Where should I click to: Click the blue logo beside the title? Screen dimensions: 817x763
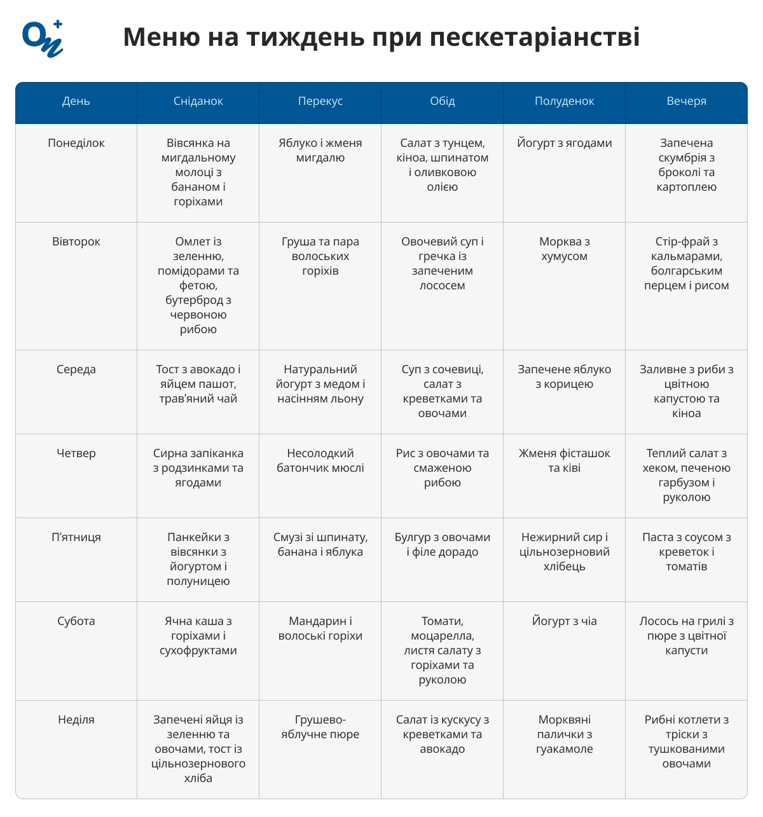coord(43,39)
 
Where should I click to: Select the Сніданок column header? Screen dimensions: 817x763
coord(198,101)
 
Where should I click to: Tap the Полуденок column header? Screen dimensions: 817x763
coord(564,101)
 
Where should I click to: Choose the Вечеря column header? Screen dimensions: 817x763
coord(686,101)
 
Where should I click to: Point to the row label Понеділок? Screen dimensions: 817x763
coord(76,143)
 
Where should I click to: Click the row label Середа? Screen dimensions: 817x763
coord(76,369)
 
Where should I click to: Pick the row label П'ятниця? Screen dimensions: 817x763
coord(76,537)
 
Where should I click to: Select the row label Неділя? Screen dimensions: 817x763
coord(76,720)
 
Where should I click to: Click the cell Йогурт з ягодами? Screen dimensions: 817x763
coord(564,143)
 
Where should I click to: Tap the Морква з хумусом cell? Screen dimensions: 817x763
coord(564,249)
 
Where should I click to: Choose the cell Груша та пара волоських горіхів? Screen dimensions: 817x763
coord(320,256)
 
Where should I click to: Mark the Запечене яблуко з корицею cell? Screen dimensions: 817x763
coord(564,376)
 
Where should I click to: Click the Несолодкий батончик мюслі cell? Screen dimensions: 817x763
coord(320,460)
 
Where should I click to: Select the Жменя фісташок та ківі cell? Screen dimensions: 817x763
coord(564,460)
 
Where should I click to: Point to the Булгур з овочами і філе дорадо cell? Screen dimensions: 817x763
coord(443,544)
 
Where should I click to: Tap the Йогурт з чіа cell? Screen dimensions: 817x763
coord(564,621)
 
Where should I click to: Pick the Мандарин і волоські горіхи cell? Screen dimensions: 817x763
coord(320,628)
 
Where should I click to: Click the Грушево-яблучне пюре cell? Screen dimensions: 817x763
coord(320,727)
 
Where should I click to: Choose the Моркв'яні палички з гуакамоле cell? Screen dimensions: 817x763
coord(564,734)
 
